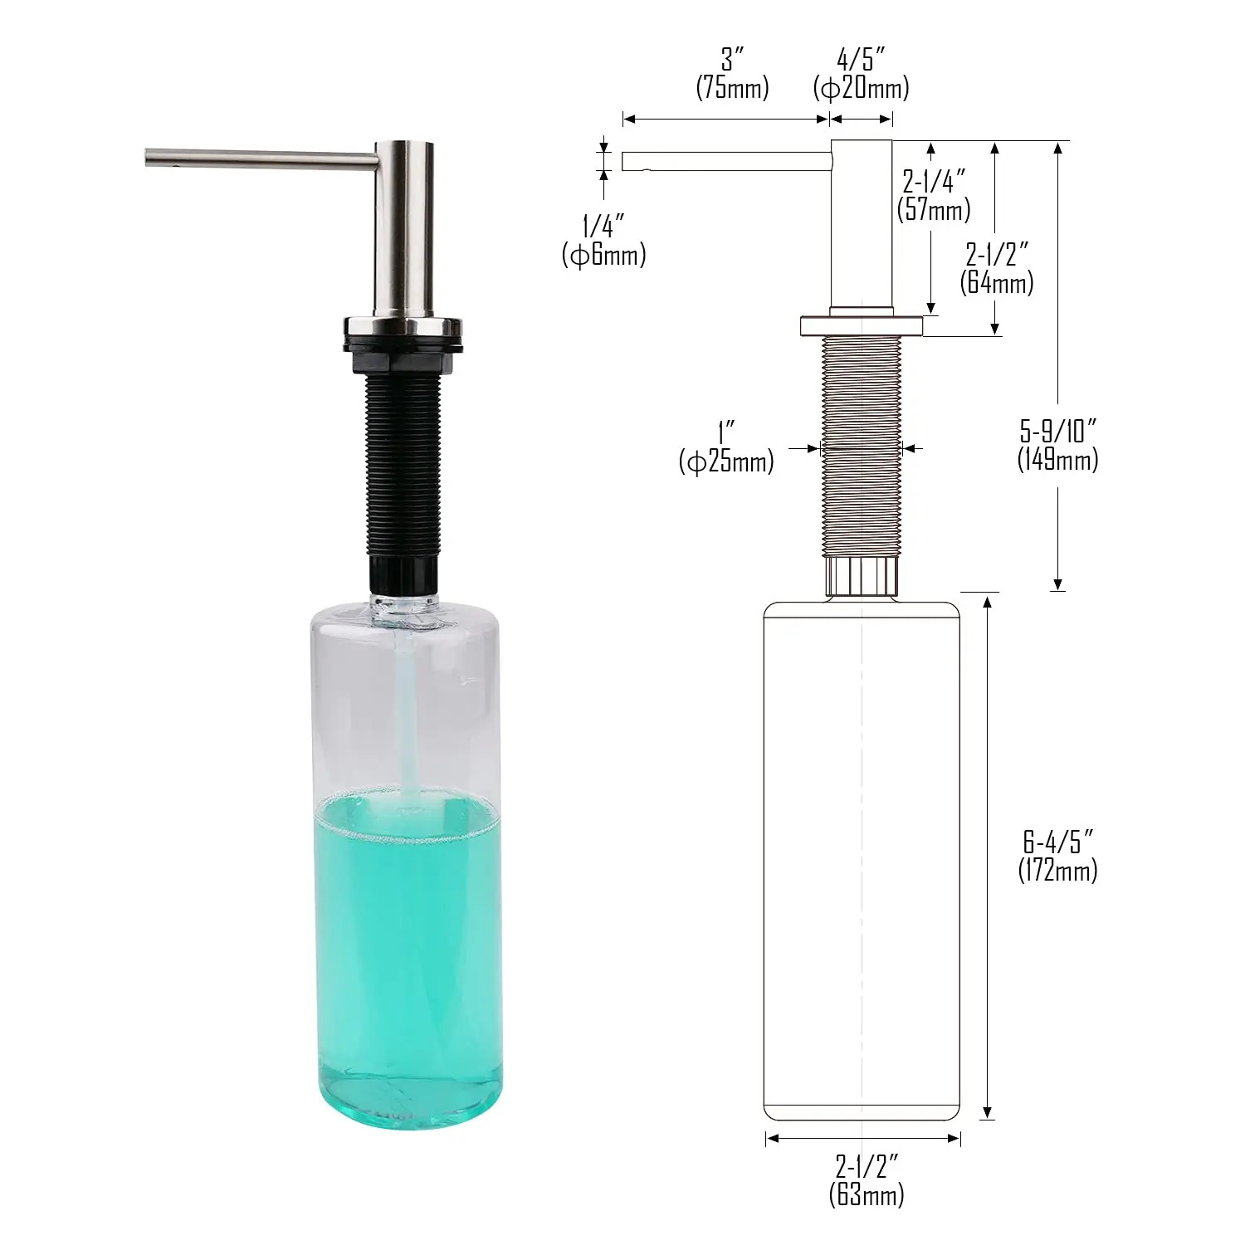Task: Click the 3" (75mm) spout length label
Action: click(732, 74)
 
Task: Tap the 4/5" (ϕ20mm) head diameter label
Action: click(861, 74)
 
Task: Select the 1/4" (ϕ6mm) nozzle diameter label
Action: click(603, 241)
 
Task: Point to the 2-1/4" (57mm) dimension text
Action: click(934, 195)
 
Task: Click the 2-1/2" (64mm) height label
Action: click(997, 268)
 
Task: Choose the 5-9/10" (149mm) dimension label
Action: click(1057, 446)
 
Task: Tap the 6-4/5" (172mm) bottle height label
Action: click(1057, 856)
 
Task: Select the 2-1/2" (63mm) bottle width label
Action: click(866, 1180)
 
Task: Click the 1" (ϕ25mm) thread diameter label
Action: click(726, 447)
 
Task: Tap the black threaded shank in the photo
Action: click(403, 465)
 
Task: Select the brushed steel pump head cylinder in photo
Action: click(403, 232)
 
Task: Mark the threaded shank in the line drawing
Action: click(861, 448)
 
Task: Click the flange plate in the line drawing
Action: click(861, 326)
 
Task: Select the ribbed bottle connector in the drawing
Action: click(861, 575)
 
